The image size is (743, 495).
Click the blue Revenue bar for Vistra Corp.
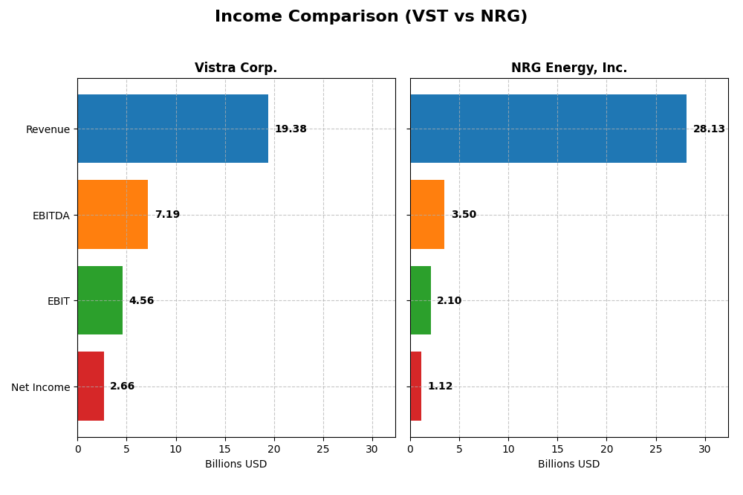tap(172, 129)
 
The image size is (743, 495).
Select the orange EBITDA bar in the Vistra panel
tap(112, 214)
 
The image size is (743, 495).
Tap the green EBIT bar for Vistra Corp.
tap(100, 300)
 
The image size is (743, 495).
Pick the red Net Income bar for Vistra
tap(91, 386)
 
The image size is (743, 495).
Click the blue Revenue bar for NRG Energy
tap(548, 129)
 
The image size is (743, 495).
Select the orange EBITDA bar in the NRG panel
tap(427, 214)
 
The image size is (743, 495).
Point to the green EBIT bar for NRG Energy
tap(421, 300)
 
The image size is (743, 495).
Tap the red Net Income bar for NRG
tap(415, 386)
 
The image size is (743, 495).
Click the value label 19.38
tap(291, 129)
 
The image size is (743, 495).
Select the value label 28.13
tap(709, 129)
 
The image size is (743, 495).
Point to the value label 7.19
tap(167, 215)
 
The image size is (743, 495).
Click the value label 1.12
tap(440, 386)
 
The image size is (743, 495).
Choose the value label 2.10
tap(450, 301)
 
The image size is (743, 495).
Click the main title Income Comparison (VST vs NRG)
tap(371, 17)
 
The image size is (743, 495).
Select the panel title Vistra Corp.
tap(236, 68)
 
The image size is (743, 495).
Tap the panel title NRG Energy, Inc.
tap(568, 68)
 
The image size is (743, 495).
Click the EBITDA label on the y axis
tap(51, 216)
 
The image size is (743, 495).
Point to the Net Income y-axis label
tap(40, 387)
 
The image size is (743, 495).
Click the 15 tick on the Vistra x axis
tap(224, 449)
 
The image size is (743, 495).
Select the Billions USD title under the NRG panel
tap(568, 465)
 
